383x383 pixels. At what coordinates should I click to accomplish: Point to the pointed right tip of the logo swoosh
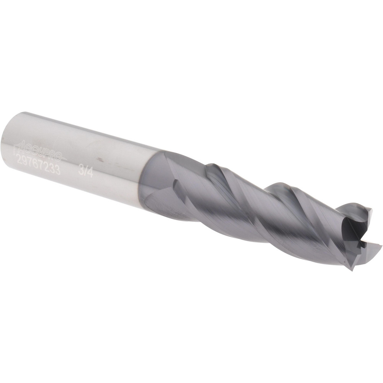[67, 159]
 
